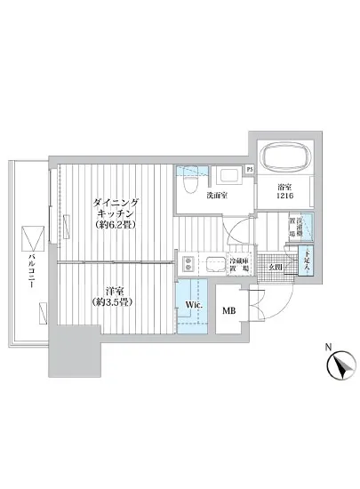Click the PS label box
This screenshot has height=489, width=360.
(x=250, y=169)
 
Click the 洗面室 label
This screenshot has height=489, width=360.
(x=218, y=196)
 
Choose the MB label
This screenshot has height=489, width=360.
(x=228, y=310)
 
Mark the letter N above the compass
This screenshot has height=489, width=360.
(x=328, y=346)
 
